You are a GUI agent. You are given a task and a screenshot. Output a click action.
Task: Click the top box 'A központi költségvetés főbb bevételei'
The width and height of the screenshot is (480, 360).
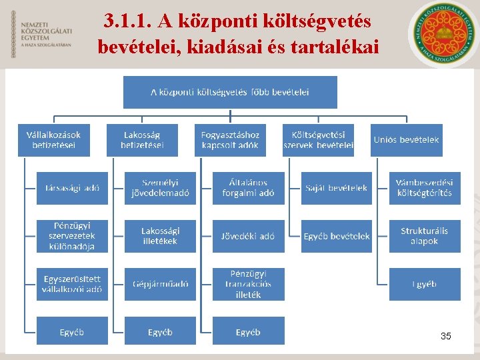230,92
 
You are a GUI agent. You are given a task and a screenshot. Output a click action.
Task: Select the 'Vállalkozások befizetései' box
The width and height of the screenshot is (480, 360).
54,140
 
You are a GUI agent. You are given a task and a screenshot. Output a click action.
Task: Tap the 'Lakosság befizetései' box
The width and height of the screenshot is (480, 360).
142,140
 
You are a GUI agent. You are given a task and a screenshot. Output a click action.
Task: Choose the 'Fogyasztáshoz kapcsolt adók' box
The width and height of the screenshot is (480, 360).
230,140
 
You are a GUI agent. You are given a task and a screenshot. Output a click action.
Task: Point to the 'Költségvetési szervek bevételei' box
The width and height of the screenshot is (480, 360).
318,140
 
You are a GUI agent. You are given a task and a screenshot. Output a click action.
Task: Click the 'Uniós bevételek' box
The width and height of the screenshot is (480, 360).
406,140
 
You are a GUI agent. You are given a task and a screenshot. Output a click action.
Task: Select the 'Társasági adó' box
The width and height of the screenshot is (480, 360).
72,188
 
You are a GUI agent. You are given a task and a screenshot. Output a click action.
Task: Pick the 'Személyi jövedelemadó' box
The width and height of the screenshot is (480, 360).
160,188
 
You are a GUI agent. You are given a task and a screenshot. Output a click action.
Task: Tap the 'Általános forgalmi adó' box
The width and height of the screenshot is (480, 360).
248,188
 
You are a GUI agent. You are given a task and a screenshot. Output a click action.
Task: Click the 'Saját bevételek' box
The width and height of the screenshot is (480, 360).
336,188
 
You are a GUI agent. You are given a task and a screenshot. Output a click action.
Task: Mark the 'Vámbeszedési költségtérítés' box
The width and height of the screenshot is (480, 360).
425,188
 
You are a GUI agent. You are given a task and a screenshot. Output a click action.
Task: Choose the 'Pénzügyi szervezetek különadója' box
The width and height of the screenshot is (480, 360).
72,236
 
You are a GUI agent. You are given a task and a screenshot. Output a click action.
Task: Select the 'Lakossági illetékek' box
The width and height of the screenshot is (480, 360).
160,236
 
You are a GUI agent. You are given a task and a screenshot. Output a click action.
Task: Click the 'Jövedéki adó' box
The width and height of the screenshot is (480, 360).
248,236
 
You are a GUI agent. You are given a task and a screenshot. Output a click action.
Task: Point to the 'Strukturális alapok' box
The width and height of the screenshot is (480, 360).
425,236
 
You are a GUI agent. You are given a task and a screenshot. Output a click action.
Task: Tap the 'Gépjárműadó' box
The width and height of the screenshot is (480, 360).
160,284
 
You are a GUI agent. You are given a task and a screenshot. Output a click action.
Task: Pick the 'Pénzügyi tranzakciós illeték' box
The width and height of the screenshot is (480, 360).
248,284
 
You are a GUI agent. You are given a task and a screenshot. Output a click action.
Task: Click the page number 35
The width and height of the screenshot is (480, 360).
446,336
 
